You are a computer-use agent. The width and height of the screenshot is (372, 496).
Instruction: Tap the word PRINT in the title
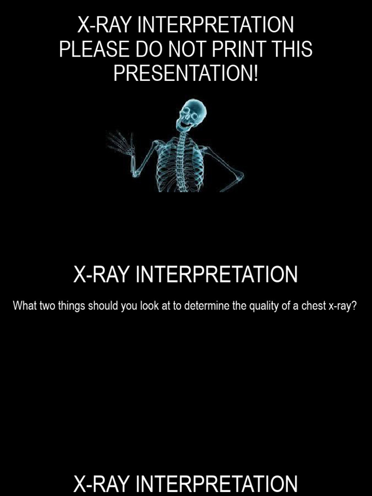pyautogui.click(x=234, y=50)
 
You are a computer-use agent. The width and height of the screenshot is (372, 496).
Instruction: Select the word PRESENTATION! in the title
pyautogui.click(x=186, y=74)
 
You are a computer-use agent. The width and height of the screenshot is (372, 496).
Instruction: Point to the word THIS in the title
pyautogui.click(x=291, y=50)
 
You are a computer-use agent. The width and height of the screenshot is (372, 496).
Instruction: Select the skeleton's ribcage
pyautogui.click(x=181, y=162)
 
